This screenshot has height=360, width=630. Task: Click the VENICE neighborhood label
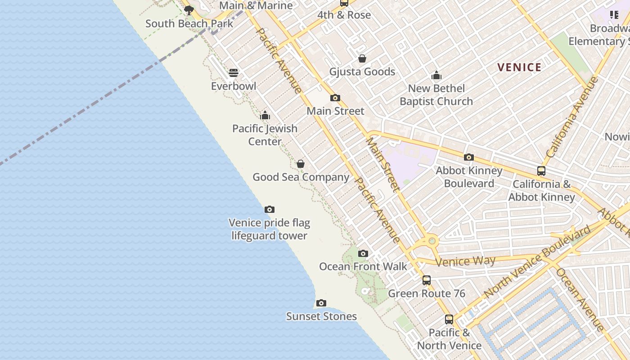[519, 67]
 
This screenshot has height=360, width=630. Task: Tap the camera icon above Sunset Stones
[321, 303]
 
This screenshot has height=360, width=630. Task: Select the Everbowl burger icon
[233, 72]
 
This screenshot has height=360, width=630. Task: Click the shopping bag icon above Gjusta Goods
[362, 58]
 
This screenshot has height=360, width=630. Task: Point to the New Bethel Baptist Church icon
[436, 75]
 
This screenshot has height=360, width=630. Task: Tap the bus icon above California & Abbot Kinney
[541, 171]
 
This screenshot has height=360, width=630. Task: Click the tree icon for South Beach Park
[189, 10]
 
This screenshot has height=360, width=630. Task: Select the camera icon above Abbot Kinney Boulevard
[468, 157]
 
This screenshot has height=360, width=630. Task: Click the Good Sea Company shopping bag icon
[300, 163]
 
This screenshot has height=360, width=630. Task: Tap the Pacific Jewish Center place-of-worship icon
[265, 115]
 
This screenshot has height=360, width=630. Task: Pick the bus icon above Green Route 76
[426, 280]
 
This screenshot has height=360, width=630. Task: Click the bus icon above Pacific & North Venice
[449, 319]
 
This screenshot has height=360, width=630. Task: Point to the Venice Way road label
[465, 261]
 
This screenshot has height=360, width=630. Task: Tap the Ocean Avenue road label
[580, 299]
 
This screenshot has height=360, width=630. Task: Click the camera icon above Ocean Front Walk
[363, 253]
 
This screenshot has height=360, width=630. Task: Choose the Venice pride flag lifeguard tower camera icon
[269, 209]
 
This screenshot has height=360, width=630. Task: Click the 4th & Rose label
[344, 15]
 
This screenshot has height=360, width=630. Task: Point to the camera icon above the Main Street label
[335, 98]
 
